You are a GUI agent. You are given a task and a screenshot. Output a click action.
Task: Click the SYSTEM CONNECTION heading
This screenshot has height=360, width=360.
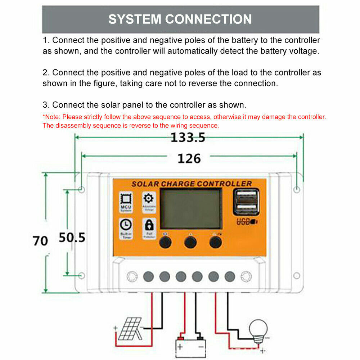[x=180, y=19]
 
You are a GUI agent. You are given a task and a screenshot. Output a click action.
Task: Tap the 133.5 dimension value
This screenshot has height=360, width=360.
[x=188, y=138]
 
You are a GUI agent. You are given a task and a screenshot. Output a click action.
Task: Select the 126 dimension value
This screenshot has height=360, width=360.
[x=189, y=158]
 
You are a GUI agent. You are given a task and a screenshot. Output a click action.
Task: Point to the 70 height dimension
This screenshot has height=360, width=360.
[x=40, y=240]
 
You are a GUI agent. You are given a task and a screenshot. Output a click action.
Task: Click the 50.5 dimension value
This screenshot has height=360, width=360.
[x=72, y=238]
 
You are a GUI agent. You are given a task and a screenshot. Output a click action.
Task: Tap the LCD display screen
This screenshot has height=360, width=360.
[x=190, y=209]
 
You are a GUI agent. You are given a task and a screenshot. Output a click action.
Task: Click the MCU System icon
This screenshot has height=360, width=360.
[x=126, y=201]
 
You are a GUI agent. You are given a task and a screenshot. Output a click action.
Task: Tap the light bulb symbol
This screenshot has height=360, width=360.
[x=258, y=330]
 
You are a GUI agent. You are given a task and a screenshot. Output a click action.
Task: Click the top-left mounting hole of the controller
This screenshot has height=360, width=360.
[x=82, y=189]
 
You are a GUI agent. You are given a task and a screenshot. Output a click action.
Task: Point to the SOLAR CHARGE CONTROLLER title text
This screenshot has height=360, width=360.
[x=191, y=184]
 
